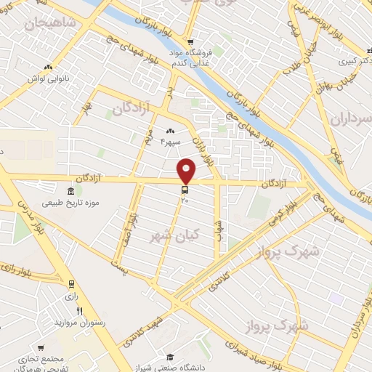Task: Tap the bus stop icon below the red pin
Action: pos(185,190)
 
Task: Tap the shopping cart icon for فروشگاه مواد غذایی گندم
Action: pos(190,41)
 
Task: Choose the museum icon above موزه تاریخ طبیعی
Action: pos(70,192)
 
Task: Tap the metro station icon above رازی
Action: pos(71,283)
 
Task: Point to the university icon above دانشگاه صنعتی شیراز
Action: pos(169,356)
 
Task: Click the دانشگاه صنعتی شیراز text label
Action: pos(169,366)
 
